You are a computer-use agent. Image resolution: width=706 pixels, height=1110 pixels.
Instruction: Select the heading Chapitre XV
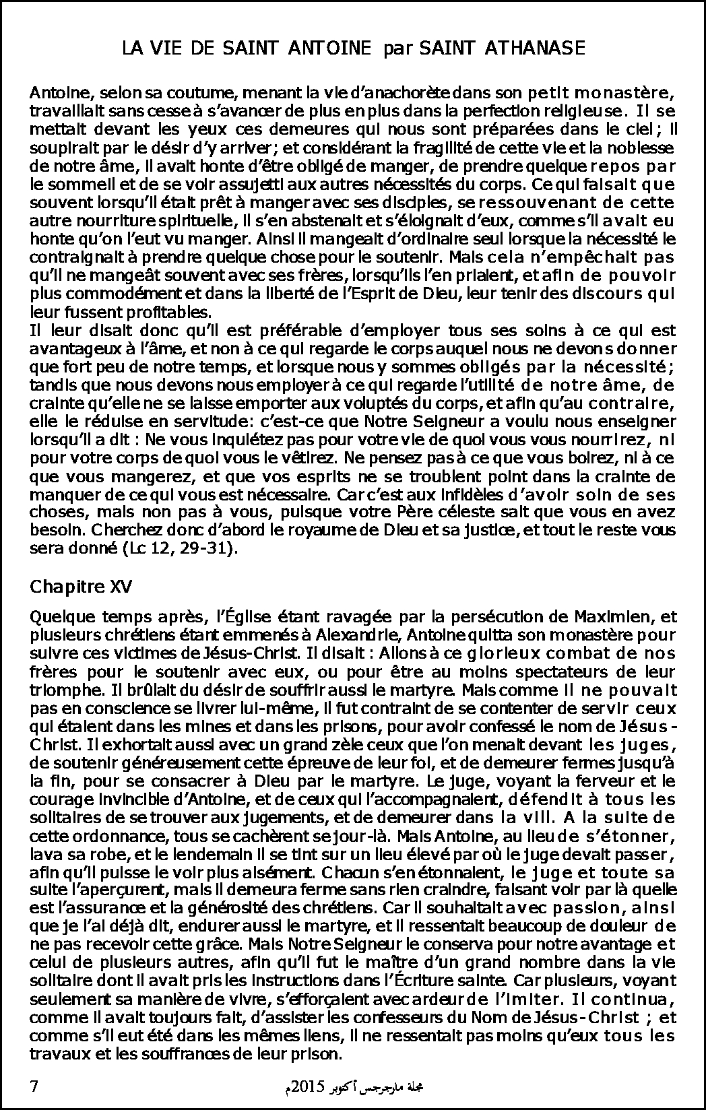pyautogui.click(x=81, y=587)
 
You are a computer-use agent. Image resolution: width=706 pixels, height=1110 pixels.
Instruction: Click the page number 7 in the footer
pyautogui.click(x=34, y=1086)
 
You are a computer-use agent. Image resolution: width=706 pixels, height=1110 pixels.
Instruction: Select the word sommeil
pyautogui.click(x=71, y=183)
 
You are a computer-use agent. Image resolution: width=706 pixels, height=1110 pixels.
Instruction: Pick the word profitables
pyautogui.click(x=175, y=312)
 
